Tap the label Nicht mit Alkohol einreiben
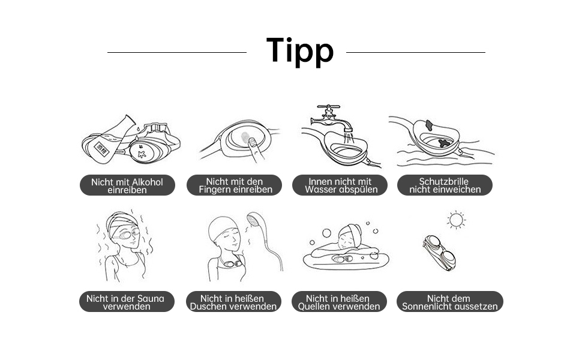point(127,185)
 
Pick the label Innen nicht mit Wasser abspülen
point(340,185)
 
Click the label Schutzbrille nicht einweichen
point(445,185)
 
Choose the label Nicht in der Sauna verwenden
point(127,302)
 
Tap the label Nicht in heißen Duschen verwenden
point(233,302)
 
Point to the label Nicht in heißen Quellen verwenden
point(339,302)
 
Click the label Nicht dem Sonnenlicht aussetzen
point(450,302)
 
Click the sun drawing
point(456,220)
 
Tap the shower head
point(254,220)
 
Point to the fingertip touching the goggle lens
point(253,142)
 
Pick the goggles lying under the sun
point(439,253)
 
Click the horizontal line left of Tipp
point(177,52)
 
